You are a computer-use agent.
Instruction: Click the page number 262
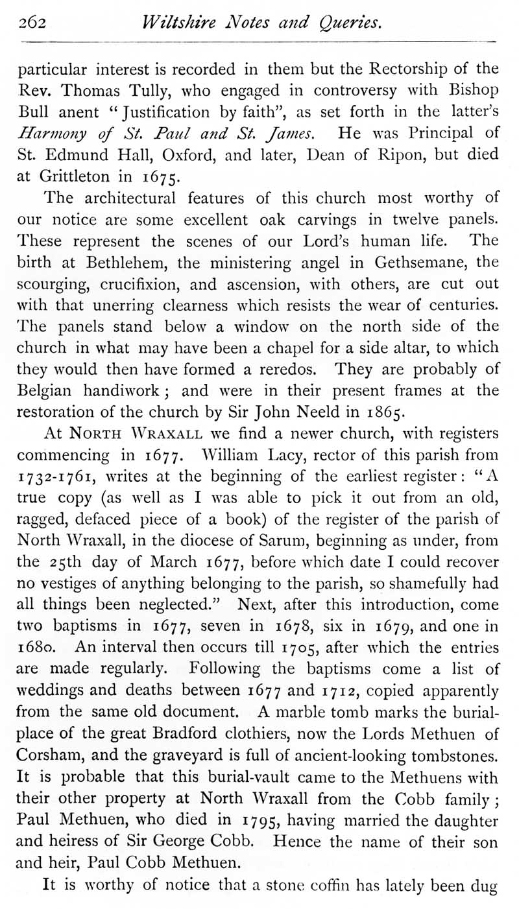click(x=30, y=24)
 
